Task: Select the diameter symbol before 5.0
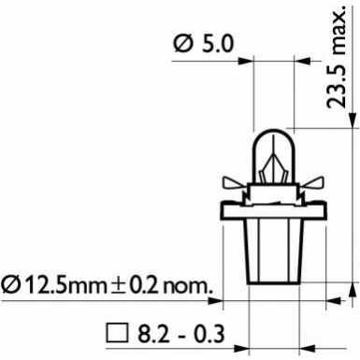click(x=184, y=42)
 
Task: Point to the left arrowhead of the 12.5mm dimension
click(x=217, y=302)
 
